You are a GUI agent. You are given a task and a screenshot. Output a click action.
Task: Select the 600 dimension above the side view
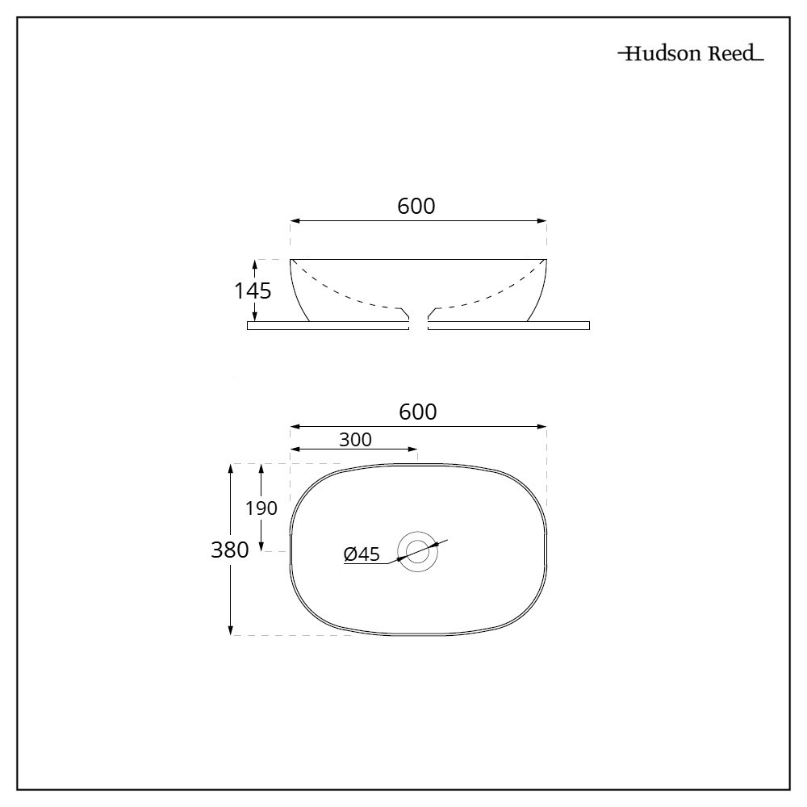tap(416, 207)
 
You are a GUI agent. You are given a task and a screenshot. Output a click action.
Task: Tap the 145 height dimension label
tap(253, 291)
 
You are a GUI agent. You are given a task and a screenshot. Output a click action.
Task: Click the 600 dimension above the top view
tap(418, 412)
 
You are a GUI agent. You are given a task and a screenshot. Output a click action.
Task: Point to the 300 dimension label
tap(355, 440)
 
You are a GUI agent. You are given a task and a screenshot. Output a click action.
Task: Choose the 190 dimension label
tap(261, 508)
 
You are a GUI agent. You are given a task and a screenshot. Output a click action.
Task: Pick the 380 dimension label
tap(230, 550)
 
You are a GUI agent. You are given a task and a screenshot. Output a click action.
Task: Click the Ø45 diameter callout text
tap(362, 554)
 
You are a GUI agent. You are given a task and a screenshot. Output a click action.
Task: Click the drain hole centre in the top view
tap(418, 551)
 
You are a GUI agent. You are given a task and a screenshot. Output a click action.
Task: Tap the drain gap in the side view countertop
tap(418, 325)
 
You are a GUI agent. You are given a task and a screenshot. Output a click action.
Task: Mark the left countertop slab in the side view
tap(328, 325)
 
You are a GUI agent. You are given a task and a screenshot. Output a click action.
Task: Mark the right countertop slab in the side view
tap(508, 325)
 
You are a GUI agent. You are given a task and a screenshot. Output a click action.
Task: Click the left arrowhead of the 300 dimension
tap(294, 449)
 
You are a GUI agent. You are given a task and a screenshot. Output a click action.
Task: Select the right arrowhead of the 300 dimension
tap(414, 449)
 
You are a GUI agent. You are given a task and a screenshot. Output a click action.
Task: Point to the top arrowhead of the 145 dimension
tap(255, 263)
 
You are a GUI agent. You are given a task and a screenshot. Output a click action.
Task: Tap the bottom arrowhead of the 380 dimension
tap(232, 631)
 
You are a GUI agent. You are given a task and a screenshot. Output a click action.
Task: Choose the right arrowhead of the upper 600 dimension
tap(543, 220)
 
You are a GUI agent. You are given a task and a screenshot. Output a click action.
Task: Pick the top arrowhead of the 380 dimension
tap(232, 468)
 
